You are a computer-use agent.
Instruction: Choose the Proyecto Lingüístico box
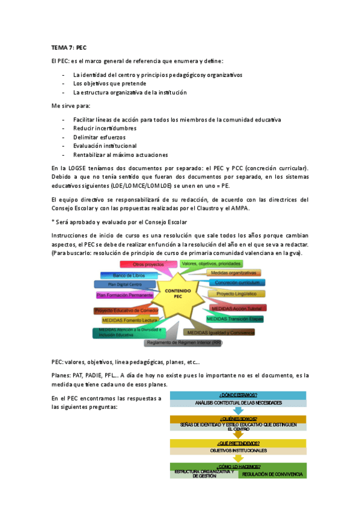(x=236, y=294)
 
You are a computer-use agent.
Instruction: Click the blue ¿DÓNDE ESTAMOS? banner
(x=239, y=395)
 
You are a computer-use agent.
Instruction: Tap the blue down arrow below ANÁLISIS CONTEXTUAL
(x=239, y=410)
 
